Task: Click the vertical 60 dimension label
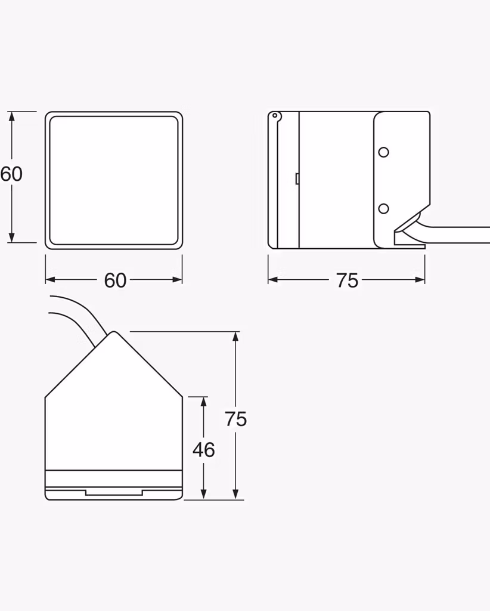point(11,174)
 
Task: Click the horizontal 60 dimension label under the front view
point(115,280)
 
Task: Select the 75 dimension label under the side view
point(347,280)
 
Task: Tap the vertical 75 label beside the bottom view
point(236,419)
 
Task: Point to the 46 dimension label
point(203,450)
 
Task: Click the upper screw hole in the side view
point(383,152)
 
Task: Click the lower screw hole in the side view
point(383,208)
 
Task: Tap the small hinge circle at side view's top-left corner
point(275,115)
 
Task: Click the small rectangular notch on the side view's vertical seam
point(297,178)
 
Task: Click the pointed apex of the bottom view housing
point(114,332)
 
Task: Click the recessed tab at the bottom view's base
point(114,492)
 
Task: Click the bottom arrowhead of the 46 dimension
point(203,493)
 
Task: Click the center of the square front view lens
point(114,180)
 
